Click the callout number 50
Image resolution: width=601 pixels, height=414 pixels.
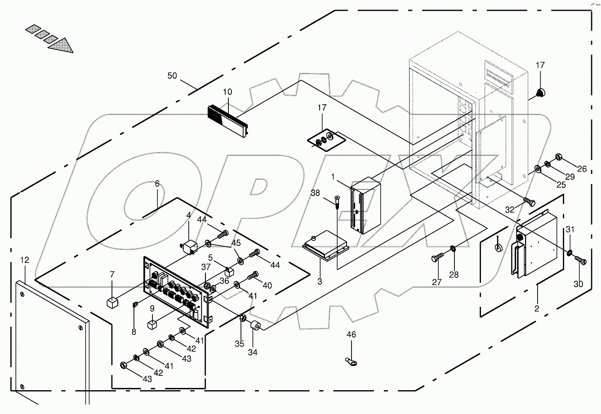(173, 75)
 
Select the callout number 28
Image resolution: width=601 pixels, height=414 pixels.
(454, 275)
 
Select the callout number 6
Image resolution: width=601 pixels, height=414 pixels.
(157, 183)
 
